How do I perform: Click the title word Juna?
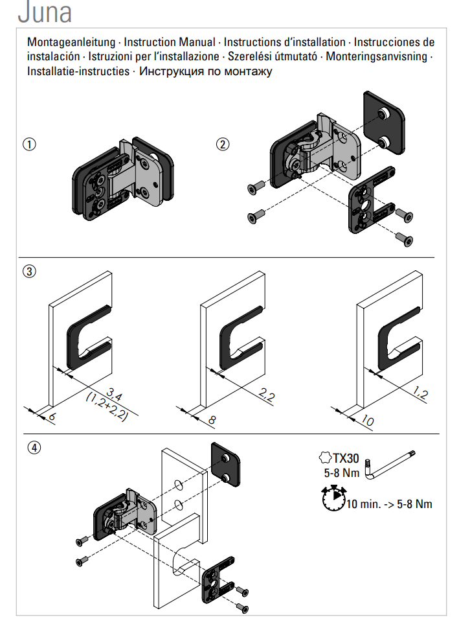(x=45, y=12)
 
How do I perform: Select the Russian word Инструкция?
(x=171, y=71)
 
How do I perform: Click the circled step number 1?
(x=29, y=144)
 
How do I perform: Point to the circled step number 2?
(x=223, y=144)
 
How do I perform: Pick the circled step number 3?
(x=29, y=272)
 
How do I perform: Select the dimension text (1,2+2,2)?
(x=107, y=407)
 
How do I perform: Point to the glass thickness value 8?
(x=211, y=419)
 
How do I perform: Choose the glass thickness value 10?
(x=366, y=421)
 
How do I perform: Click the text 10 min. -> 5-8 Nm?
(x=388, y=504)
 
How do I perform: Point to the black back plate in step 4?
(x=226, y=465)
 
